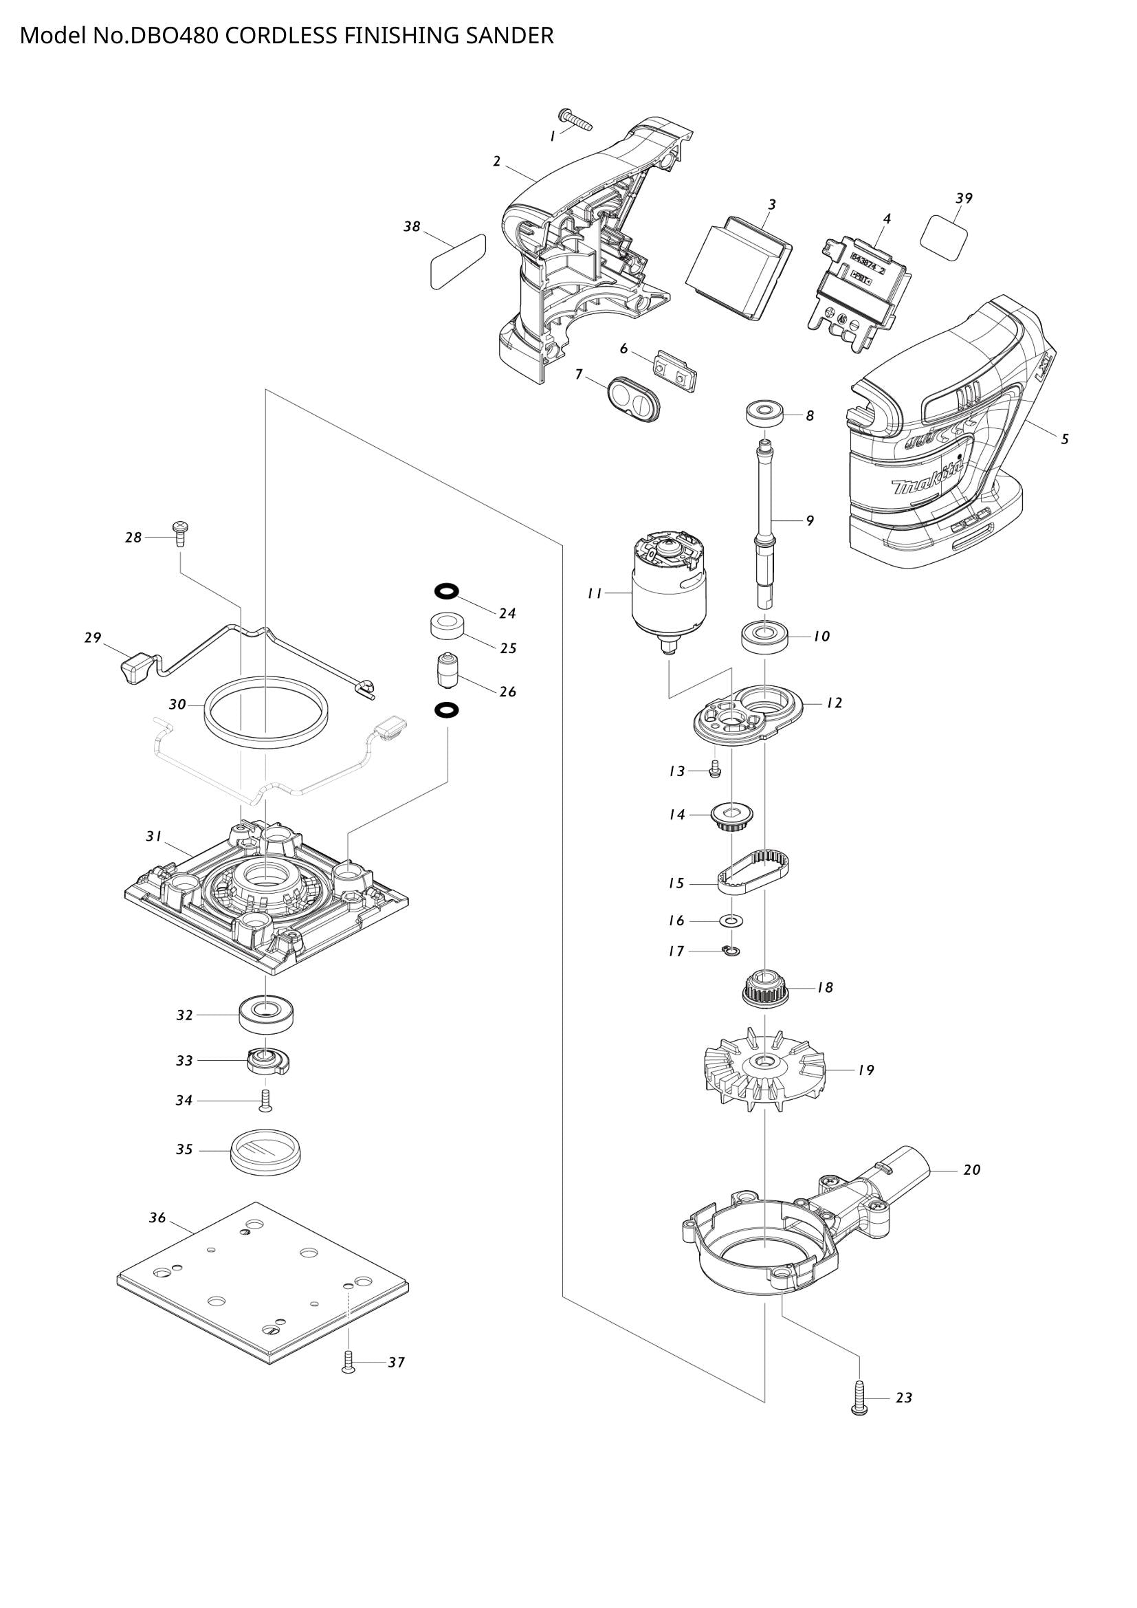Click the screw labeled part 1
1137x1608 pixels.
[x=575, y=120]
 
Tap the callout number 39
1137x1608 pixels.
[x=964, y=198]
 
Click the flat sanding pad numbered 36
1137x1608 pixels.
[x=263, y=1285]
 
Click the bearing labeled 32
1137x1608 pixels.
[x=266, y=1015]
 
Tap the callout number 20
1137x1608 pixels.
[x=971, y=1169]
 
